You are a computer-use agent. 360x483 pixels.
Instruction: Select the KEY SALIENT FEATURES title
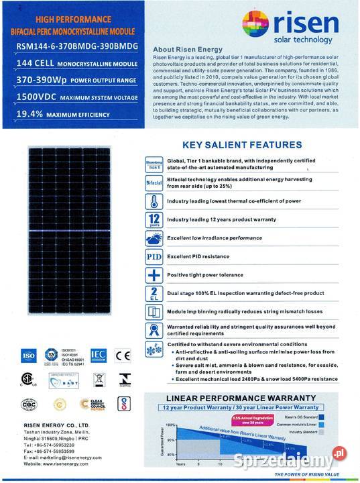[x=241, y=145]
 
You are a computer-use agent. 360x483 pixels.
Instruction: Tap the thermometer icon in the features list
[x=154, y=201]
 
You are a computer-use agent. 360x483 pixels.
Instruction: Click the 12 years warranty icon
[x=154, y=220]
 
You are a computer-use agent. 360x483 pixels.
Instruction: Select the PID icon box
[x=154, y=257]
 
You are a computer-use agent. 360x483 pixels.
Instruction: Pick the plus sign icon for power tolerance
[x=154, y=275]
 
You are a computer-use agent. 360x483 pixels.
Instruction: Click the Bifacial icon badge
[x=154, y=183]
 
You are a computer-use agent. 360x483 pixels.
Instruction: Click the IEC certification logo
[x=97, y=355]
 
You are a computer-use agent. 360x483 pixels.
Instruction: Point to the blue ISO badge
[x=29, y=355]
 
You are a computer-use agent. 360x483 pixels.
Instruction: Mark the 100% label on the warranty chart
[x=171, y=425]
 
